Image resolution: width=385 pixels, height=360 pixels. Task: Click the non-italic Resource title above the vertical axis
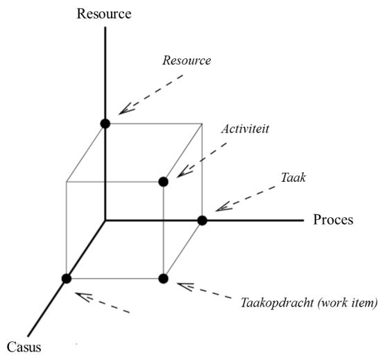point(104,13)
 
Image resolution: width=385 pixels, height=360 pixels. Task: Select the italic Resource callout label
point(186,61)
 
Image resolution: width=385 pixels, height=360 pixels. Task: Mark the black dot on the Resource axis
point(105,123)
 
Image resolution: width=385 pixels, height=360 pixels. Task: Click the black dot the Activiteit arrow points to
point(163,182)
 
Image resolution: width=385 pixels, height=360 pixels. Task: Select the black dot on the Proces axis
point(203,221)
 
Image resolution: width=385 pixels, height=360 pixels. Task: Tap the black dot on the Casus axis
point(67,278)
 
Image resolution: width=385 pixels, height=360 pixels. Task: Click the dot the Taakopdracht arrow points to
point(163,278)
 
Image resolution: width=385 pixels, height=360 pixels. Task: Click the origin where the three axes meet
point(105,221)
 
